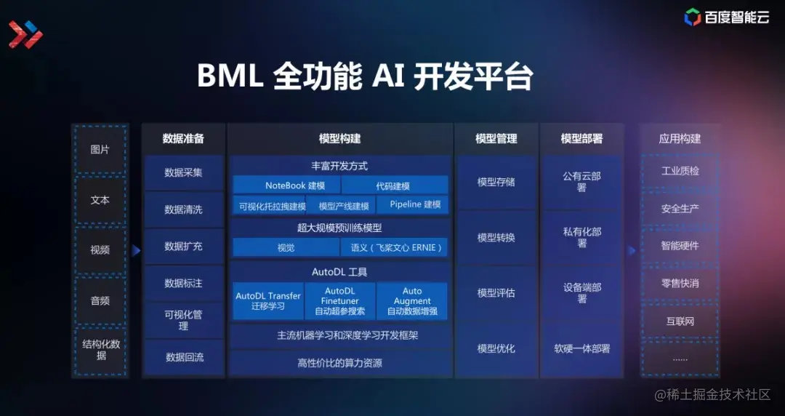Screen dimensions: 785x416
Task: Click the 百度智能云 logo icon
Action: (x=692, y=17)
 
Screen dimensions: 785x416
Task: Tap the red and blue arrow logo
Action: (x=25, y=34)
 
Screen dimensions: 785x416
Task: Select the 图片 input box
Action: (x=100, y=149)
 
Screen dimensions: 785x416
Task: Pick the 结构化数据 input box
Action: (x=100, y=350)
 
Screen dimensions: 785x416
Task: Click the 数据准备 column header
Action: (x=183, y=138)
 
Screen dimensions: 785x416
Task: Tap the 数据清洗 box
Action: (x=183, y=209)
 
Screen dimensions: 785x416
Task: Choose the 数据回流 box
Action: (x=184, y=357)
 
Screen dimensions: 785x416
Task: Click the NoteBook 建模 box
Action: (x=295, y=185)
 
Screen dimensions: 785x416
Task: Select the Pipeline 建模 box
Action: (x=415, y=204)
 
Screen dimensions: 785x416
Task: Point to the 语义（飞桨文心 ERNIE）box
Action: (x=396, y=247)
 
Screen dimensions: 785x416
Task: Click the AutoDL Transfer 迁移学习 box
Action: (x=268, y=301)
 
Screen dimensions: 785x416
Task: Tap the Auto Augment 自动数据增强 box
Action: (x=412, y=301)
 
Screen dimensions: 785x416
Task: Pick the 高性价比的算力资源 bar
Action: (x=340, y=363)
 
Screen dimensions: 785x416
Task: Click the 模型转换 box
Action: (x=496, y=238)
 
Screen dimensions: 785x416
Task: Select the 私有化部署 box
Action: (x=581, y=238)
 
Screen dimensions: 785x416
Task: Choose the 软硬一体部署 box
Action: (x=581, y=348)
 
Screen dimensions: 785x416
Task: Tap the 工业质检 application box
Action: (x=680, y=171)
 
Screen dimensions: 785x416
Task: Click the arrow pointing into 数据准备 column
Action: (x=136, y=250)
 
